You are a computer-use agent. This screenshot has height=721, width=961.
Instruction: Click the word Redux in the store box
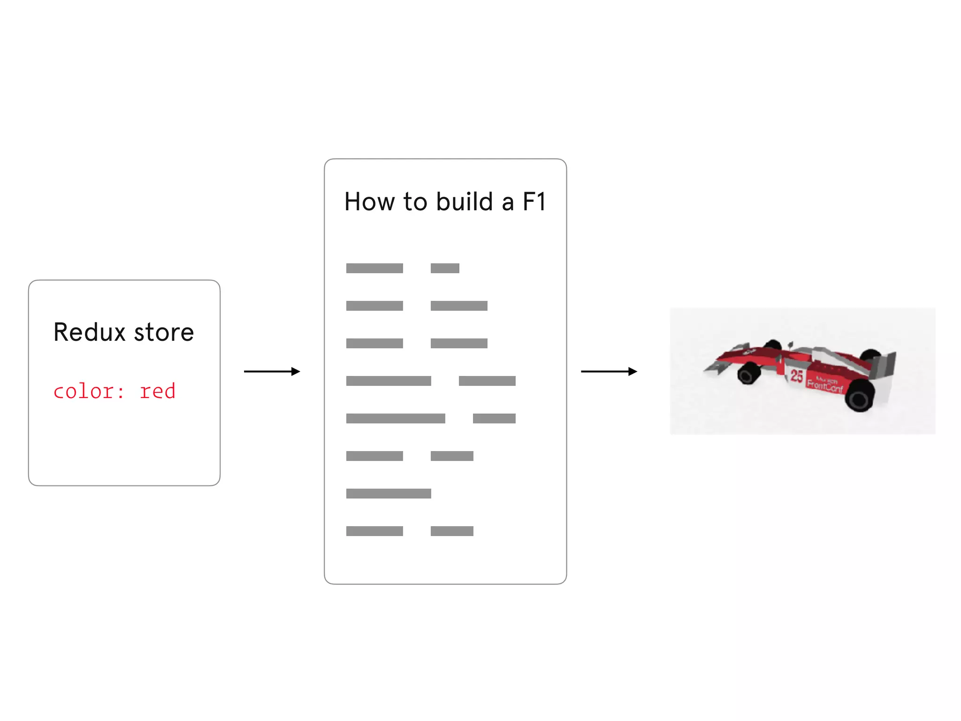tap(90, 332)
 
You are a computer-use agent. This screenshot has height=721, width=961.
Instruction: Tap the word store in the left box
tap(164, 332)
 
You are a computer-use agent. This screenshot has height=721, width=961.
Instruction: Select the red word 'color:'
tap(89, 391)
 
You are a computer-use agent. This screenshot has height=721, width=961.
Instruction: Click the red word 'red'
tap(158, 391)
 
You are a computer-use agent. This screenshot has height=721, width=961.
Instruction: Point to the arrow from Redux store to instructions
tap(272, 371)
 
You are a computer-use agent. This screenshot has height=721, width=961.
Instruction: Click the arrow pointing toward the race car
tap(609, 371)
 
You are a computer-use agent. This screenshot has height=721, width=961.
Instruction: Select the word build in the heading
tap(464, 202)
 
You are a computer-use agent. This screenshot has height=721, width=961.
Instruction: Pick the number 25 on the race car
tap(796, 376)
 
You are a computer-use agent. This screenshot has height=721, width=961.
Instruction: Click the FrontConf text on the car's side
tap(824, 386)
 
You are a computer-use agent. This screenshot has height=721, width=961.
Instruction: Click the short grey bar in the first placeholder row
tap(445, 268)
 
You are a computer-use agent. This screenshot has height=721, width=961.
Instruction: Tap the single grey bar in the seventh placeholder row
tap(389, 493)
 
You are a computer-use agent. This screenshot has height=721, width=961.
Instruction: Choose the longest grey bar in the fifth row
tap(396, 418)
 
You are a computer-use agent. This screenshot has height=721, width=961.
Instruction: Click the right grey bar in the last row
tap(452, 531)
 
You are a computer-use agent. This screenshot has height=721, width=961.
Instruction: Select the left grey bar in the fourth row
tap(389, 381)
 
